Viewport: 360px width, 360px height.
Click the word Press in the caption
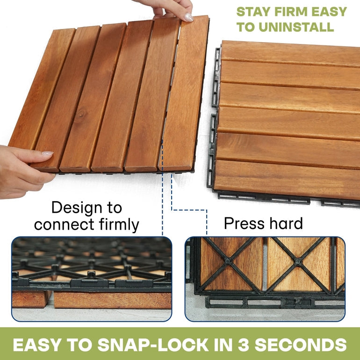[x=244, y=223]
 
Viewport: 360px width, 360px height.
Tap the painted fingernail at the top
[x=189, y=17]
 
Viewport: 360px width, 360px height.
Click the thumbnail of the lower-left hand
[x=48, y=154]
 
